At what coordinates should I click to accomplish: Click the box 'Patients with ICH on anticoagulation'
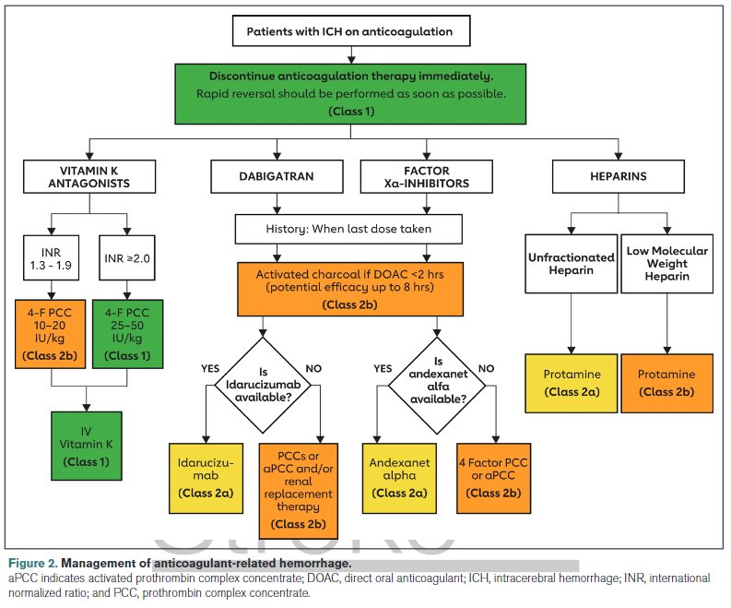pyautogui.click(x=349, y=31)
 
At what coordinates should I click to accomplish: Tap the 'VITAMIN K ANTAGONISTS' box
pyautogui.click(x=90, y=175)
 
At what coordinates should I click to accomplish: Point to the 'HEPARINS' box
pyautogui.click(x=618, y=175)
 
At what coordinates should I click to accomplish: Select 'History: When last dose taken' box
pyautogui.click(x=348, y=227)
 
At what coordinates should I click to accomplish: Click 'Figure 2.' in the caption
pyautogui.click(x=32, y=563)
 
